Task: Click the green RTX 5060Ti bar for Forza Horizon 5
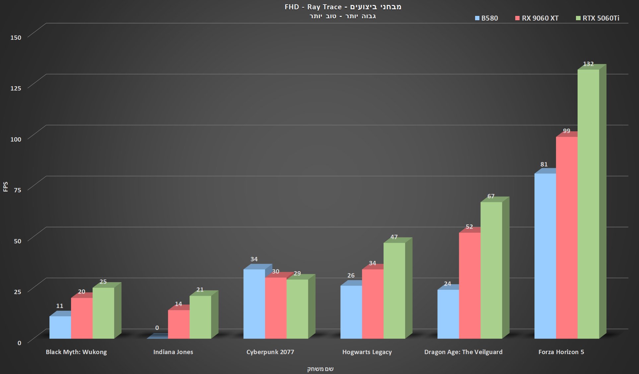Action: coord(588,204)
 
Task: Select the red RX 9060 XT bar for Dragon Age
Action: coord(469,285)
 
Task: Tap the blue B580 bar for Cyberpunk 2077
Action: coord(254,304)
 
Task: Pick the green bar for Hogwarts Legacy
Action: coord(394,290)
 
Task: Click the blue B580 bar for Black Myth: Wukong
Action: coord(60,327)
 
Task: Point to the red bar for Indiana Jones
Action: coord(178,324)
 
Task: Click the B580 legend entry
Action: coord(486,18)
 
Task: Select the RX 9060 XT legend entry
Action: coord(537,18)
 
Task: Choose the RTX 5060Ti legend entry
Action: coord(598,18)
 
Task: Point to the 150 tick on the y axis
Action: coord(16,37)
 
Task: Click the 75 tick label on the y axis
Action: coord(17,190)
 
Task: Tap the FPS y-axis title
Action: coord(5,187)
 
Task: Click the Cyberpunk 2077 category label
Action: coord(270,352)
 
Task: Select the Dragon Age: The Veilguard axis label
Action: coord(463,352)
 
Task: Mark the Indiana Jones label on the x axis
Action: coord(173,352)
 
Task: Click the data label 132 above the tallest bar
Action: coord(588,64)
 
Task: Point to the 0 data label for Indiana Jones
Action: coord(157,328)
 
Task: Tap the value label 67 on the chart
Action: coord(491,196)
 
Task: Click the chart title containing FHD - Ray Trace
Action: coord(343,7)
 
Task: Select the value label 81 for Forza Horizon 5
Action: coord(544,164)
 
